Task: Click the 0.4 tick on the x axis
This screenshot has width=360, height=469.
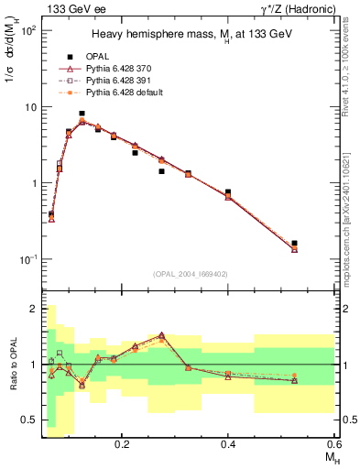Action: point(228,442)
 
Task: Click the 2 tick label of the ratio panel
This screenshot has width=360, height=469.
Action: point(35,309)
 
